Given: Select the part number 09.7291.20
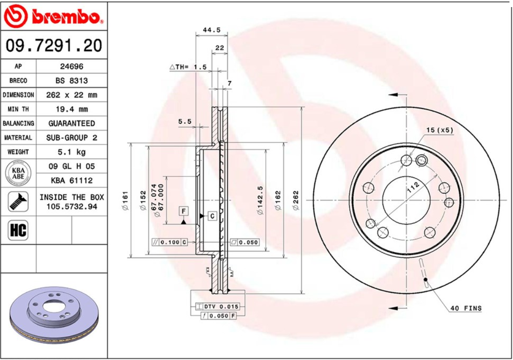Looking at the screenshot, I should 53,45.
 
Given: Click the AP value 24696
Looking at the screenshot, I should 71,66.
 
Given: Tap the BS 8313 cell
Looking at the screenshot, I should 71,80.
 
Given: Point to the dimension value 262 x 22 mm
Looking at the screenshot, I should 71,95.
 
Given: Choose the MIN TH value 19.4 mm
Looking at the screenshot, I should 71,109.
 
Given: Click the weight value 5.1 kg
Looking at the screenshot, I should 71,152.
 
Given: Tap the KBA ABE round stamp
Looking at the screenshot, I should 18,173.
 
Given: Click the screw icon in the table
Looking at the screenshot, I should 18,202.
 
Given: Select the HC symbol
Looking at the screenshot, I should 18,230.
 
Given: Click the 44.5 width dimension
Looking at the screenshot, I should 211,30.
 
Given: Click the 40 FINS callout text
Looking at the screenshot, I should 466,308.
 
